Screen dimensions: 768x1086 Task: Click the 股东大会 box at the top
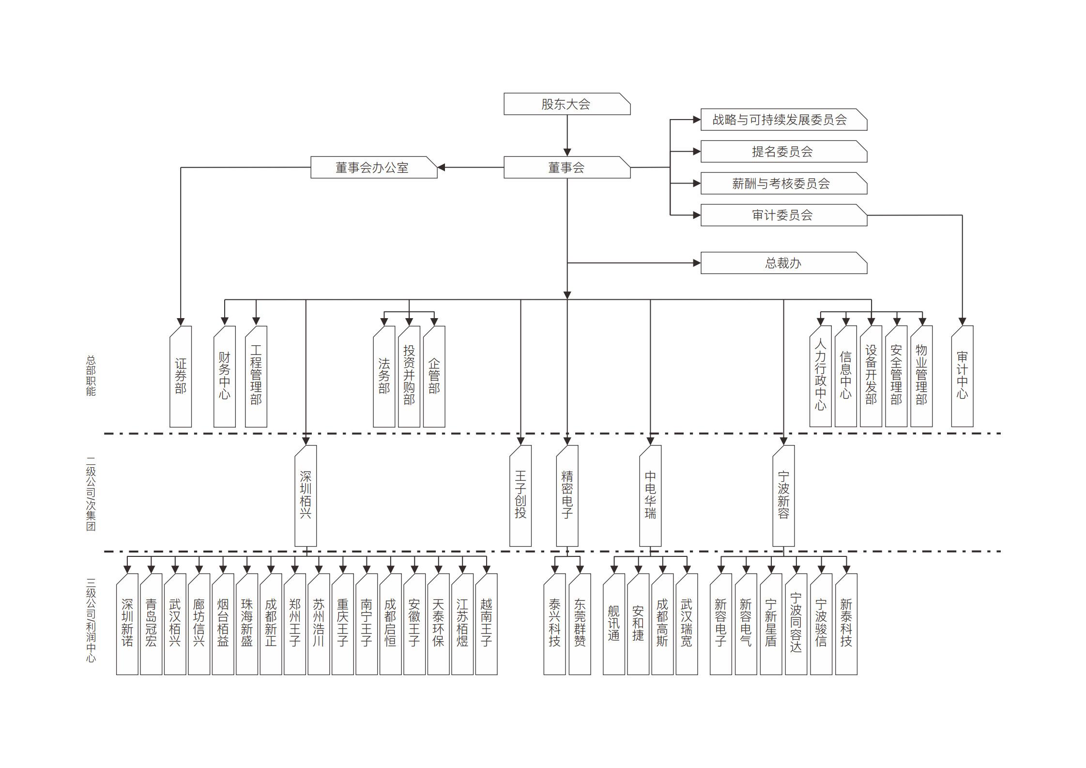point(566,104)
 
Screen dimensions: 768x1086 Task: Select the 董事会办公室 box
point(373,168)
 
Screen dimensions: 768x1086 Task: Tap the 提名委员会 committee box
point(783,152)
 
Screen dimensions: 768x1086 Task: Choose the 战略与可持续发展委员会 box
point(783,120)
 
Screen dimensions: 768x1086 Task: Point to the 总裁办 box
point(783,263)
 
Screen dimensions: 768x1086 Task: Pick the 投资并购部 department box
point(409,376)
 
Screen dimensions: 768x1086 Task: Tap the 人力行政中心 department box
point(820,376)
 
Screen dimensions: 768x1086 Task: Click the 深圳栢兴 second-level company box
point(306,495)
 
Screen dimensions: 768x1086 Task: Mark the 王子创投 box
point(520,495)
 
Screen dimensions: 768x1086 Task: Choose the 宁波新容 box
point(783,495)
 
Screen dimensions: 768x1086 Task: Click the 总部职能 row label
point(91,376)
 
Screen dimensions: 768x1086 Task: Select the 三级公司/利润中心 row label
point(91,620)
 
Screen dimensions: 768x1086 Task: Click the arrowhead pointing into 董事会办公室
point(441,168)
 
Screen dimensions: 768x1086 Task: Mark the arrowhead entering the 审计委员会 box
point(697,215)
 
